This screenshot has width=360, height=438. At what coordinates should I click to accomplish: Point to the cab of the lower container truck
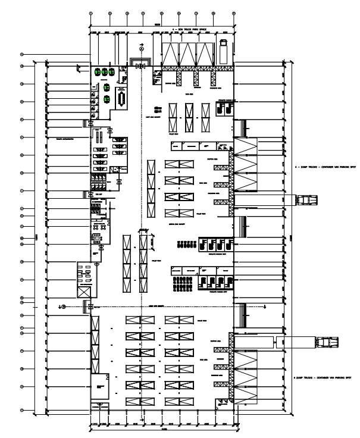pos(327,342)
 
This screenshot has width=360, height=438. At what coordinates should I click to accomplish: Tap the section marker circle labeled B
pos(64,306)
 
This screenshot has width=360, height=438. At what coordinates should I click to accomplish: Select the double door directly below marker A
pos(140,65)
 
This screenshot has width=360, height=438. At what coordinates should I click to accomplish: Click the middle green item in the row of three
pos(105,71)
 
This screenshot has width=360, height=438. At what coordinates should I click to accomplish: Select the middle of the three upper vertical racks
pos(189,117)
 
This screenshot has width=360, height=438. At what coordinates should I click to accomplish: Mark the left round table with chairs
pos(95,226)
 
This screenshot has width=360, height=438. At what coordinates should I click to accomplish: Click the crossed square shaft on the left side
pos(83,292)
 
